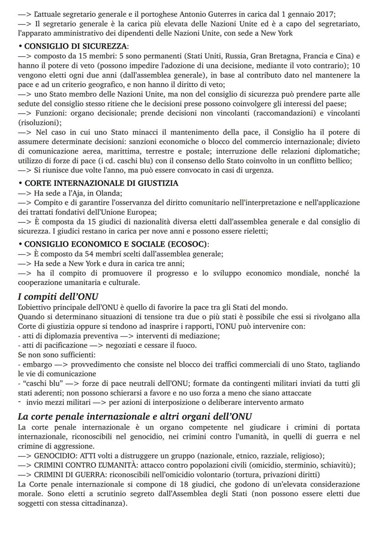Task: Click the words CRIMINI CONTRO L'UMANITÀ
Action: pos(83,465)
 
